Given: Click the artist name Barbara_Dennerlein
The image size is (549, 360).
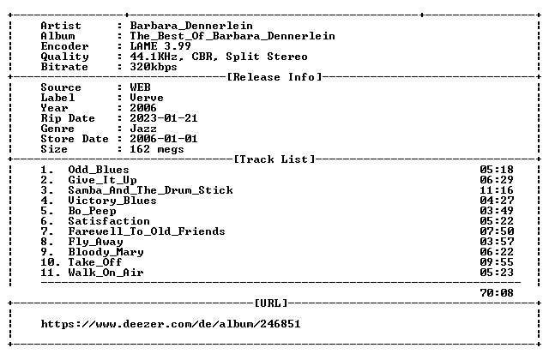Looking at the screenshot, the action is pyautogui.click(x=191, y=26).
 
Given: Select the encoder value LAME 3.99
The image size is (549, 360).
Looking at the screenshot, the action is pyautogui.click(x=160, y=46).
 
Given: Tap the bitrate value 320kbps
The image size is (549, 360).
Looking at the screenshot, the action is pyautogui.click(x=154, y=67).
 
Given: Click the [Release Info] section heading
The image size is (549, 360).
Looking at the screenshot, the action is pyautogui.click(x=274, y=77).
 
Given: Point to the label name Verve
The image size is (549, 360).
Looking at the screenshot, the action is pyautogui.click(x=147, y=98).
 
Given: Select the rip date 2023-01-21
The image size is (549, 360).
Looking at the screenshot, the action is pyautogui.click(x=164, y=118).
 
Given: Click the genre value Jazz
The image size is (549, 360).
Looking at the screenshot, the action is pyautogui.click(x=143, y=129).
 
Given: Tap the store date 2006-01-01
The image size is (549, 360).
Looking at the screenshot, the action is pyautogui.click(x=164, y=139).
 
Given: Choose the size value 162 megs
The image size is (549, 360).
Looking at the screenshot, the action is pyautogui.click(x=157, y=149).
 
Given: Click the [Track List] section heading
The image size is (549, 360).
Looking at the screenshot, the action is pyautogui.click(x=274, y=159).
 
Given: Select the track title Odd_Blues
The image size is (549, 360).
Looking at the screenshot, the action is pyautogui.click(x=99, y=170).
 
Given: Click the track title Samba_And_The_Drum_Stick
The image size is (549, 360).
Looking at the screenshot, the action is pyautogui.click(x=150, y=190).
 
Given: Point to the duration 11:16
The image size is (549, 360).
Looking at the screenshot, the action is pyautogui.click(x=497, y=190).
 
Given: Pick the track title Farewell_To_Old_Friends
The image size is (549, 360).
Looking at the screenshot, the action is pyautogui.click(x=147, y=231).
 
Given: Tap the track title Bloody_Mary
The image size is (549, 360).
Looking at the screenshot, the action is pyautogui.click(x=106, y=252).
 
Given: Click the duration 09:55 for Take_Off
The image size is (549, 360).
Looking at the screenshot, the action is pyautogui.click(x=497, y=262).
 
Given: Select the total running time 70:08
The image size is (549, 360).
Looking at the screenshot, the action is pyautogui.click(x=497, y=293).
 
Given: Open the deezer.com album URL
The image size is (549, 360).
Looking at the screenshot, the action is pyautogui.click(x=171, y=324).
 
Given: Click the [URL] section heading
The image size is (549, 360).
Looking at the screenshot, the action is pyautogui.click(x=271, y=303).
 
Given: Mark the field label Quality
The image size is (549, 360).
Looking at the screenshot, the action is pyautogui.click(x=64, y=57).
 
